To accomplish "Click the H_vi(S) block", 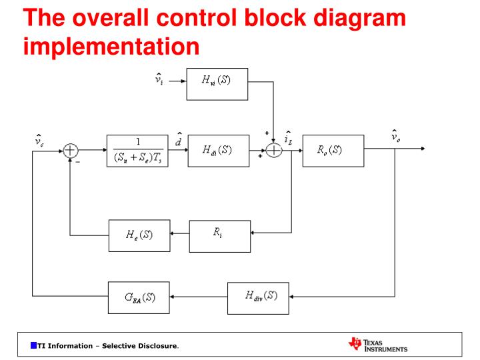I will [x=217, y=83].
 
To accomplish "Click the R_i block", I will [x=220, y=235].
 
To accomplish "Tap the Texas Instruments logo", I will [x=377, y=345].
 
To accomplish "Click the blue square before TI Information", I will [x=33, y=345].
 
